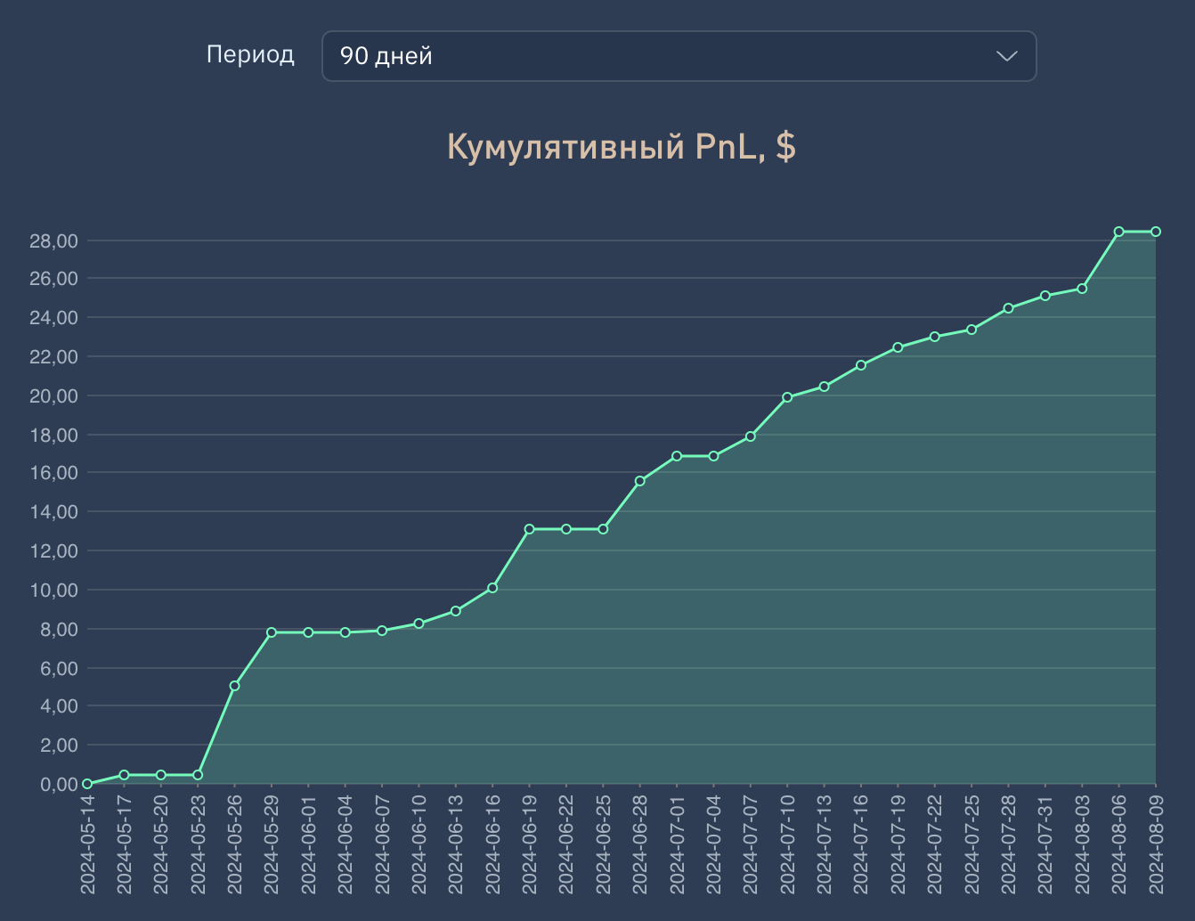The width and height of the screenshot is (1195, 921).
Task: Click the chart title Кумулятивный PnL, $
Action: (621, 147)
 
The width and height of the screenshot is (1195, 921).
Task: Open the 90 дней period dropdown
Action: (679, 56)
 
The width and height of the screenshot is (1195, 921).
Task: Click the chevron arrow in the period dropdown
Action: (1006, 56)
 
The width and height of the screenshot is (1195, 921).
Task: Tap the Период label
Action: (250, 54)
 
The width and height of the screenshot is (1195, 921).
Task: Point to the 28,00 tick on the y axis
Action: (53, 241)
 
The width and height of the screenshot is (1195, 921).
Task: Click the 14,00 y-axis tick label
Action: (53, 512)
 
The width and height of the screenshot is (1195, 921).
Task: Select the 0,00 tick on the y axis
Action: (59, 785)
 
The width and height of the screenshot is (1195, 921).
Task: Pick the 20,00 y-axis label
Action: (53, 396)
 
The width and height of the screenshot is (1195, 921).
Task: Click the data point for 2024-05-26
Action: (234, 686)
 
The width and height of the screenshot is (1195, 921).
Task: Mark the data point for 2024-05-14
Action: (87, 784)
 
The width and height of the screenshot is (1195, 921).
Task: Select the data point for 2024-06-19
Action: (529, 529)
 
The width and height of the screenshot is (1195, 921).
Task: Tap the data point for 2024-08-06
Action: (1119, 232)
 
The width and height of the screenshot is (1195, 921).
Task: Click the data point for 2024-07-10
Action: (787, 397)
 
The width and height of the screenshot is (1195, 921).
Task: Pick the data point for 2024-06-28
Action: (639, 481)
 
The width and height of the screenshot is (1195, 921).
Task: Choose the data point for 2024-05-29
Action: (272, 632)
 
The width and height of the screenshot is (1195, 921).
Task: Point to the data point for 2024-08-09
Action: (1156, 232)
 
